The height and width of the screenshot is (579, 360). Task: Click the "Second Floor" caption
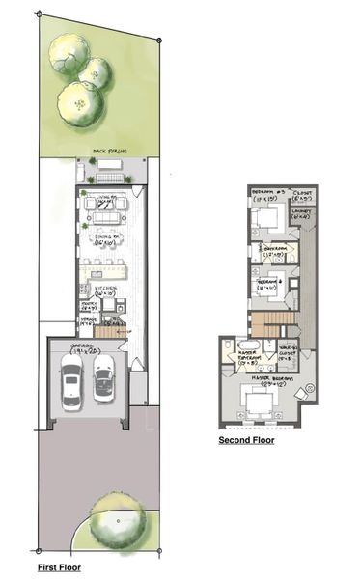[245, 440]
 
